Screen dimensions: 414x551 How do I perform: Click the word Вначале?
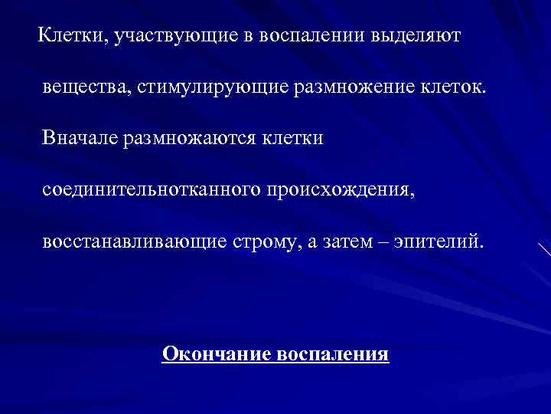(x=80, y=139)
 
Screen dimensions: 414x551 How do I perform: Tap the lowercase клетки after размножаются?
(x=293, y=139)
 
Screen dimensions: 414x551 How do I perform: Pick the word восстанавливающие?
(x=135, y=242)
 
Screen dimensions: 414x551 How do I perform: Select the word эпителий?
(x=443, y=242)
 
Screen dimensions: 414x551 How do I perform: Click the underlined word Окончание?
(x=215, y=354)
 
